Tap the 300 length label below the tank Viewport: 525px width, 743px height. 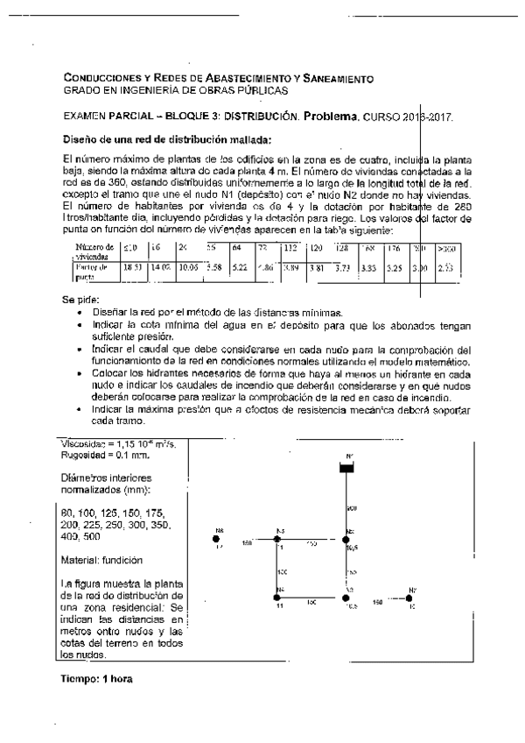tap(352, 507)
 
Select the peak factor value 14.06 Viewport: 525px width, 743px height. tap(160, 266)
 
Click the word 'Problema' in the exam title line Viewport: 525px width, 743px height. tap(331, 115)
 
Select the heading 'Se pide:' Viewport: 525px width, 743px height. tap(78, 300)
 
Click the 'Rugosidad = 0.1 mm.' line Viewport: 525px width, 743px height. tap(99, 456)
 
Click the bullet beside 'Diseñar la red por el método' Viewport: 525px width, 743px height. tap(80, 312)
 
